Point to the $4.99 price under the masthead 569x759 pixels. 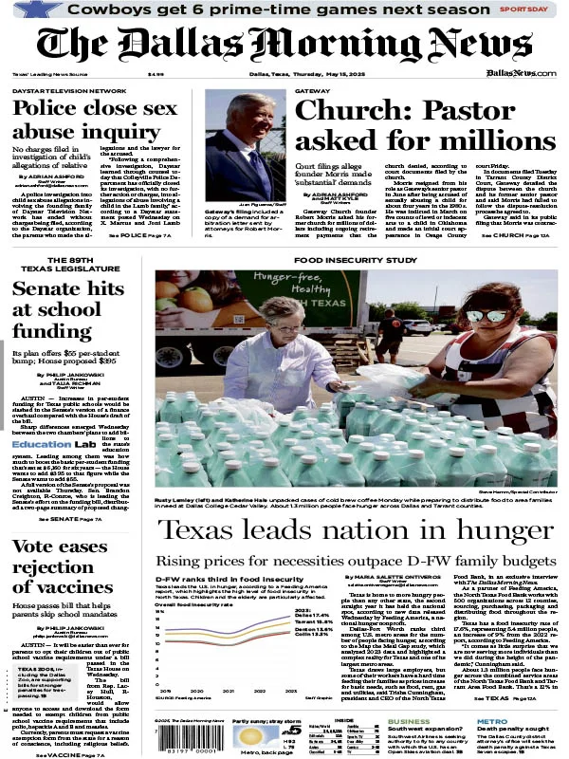tap(156, 74)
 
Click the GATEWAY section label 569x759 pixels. tap(313, 91)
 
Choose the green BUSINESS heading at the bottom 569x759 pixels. tap(408, 721)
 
